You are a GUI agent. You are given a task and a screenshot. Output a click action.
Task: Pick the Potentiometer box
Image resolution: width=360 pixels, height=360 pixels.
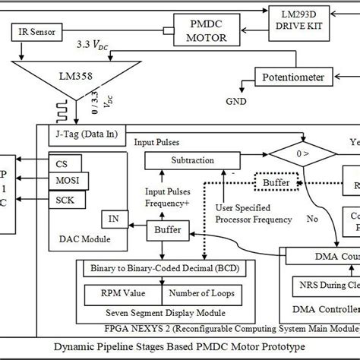click(292, 77)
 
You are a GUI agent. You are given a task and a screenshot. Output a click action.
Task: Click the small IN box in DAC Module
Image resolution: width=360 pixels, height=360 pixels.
click(112, 220)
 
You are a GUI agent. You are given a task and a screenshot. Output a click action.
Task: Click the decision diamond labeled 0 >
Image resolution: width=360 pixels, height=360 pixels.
click(302, 160)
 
